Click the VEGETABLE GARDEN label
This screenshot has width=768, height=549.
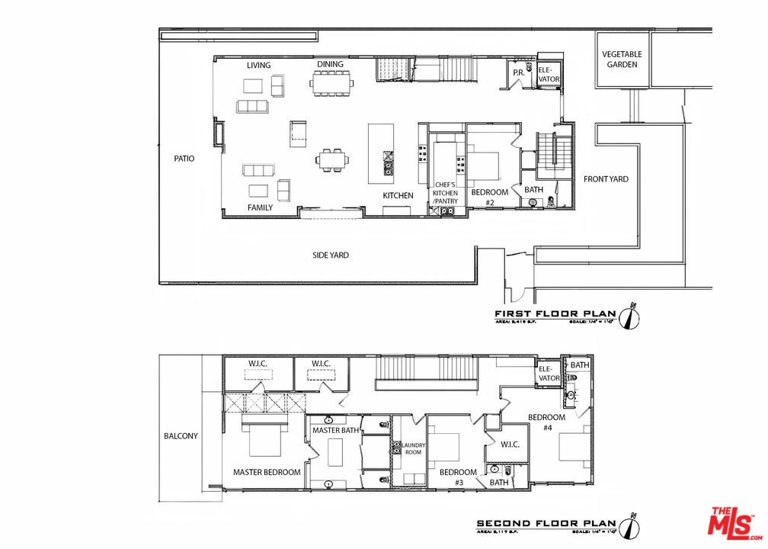point(622,59)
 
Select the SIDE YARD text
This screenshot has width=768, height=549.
point(331,255)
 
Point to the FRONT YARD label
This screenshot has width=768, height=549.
point(606,179)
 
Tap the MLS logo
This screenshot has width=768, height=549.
point(736,525)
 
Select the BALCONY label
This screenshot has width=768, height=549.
point(181,436)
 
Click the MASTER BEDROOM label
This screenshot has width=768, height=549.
point(267,472)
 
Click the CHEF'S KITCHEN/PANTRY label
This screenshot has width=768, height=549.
point(446,193)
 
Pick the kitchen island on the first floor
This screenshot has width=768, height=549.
point(381,153)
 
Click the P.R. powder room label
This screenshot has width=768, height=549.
point(518,72)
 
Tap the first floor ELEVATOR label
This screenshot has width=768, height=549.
point(549,74)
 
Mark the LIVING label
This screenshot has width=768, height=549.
point(258,66)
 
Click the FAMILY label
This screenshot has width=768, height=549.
point(259,207)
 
